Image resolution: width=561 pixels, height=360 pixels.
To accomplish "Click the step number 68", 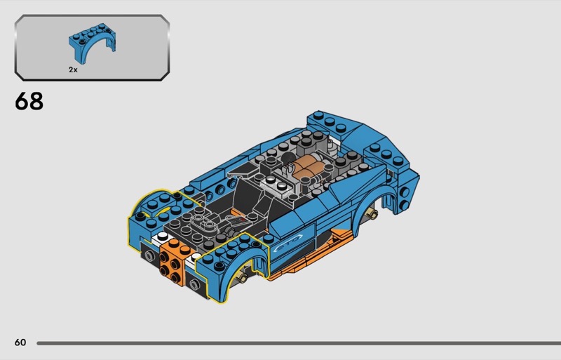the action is click(29, 101).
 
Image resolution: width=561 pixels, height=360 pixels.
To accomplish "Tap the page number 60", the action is click(20, 342).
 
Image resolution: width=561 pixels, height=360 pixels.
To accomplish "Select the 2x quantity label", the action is click(73, 70).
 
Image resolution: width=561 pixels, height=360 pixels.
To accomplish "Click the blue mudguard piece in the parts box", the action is click(92, 43).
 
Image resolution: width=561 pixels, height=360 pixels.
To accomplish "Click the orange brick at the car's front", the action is click(174, 262).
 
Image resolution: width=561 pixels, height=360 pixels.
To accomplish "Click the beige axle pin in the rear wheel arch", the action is click(372, 214).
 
